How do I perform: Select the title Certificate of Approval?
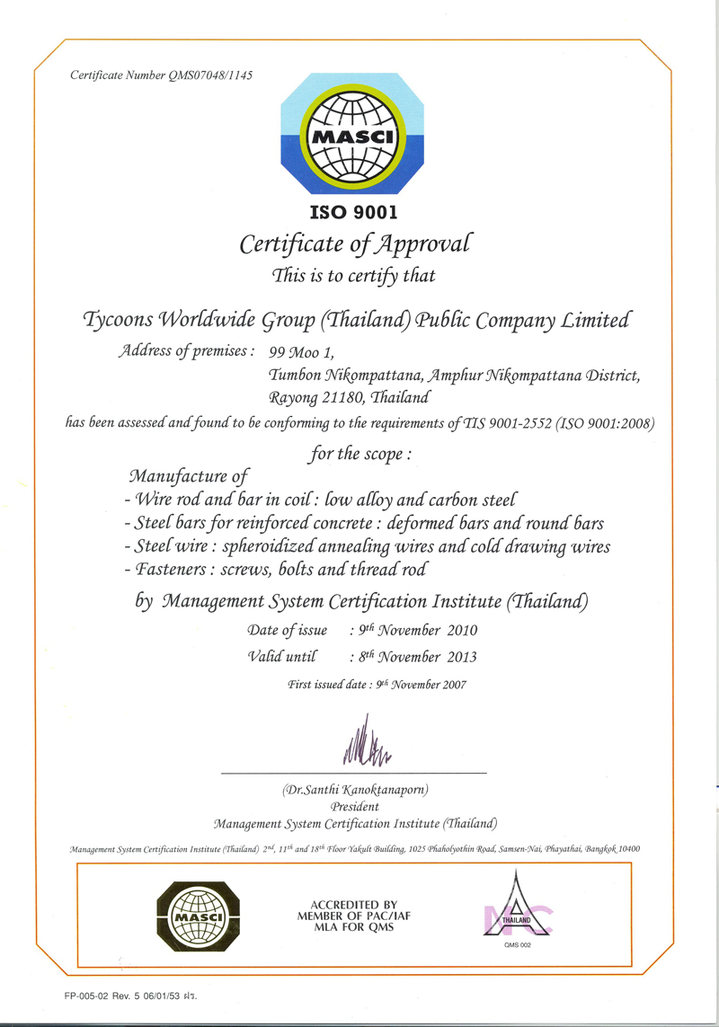pyautogui.click(x=354, y=243)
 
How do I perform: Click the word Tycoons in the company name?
pyautogui.click(x=117, y=320)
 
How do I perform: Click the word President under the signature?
pyautogui.click(x=355, y=806)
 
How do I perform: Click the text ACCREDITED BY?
pyautogui.click(x=354, y=904)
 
